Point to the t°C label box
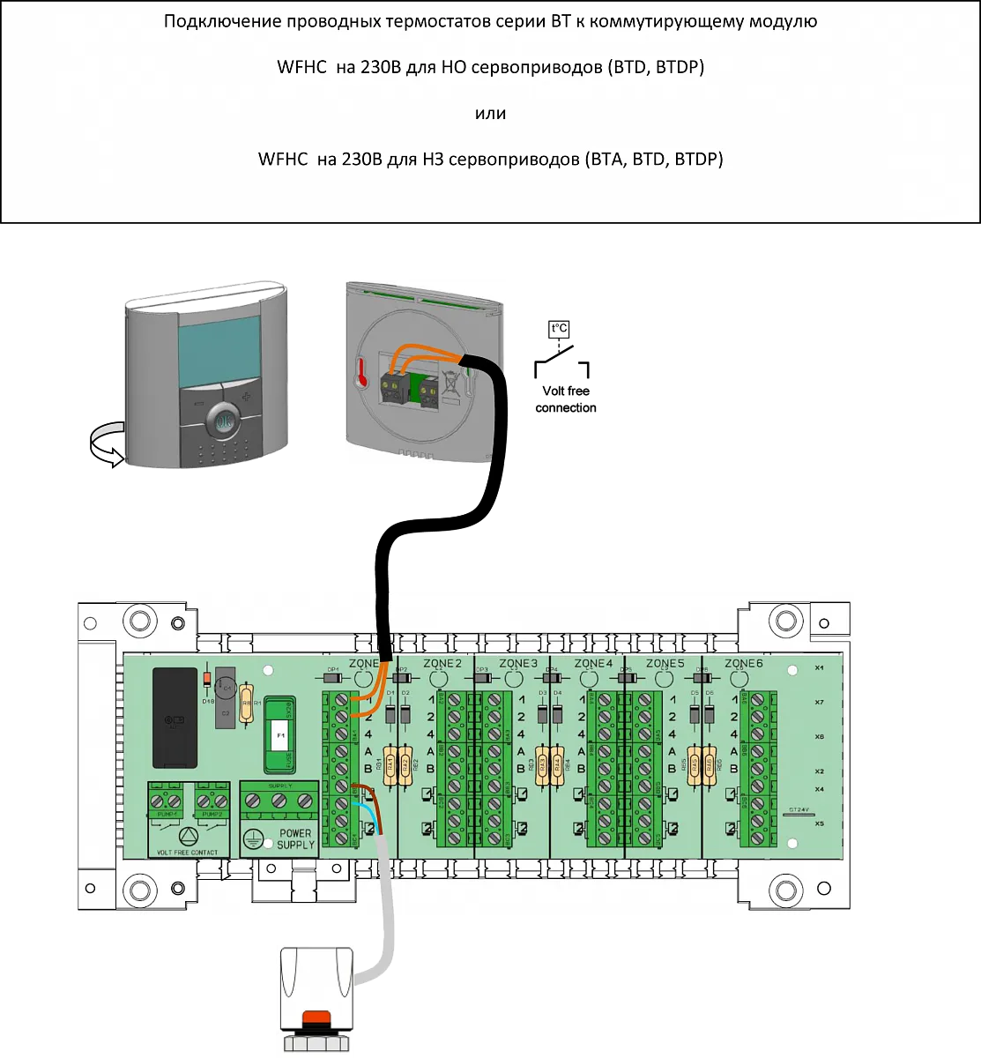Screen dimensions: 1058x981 click(559, 329)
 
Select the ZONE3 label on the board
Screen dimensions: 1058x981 click(517, 663)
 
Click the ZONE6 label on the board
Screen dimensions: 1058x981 click(743, 663)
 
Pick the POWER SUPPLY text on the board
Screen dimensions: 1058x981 click(296, 838)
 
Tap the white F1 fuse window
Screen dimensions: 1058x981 click(281, 734)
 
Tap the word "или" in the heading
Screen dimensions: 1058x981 click(490, 114)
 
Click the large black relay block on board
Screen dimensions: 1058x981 click(175, 717)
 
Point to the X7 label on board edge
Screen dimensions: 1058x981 click(820, 703)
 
